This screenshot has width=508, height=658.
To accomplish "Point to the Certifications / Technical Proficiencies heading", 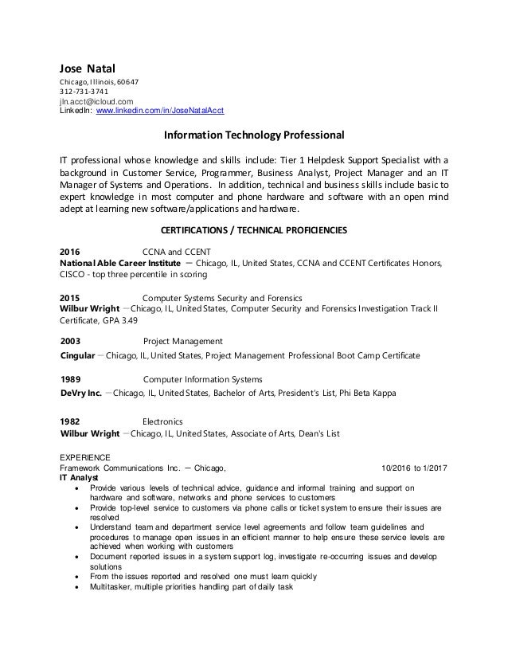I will coord(254,231).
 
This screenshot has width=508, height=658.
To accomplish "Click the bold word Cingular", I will coord(79,354).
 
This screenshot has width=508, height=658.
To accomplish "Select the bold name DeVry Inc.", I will coord(80,394).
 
